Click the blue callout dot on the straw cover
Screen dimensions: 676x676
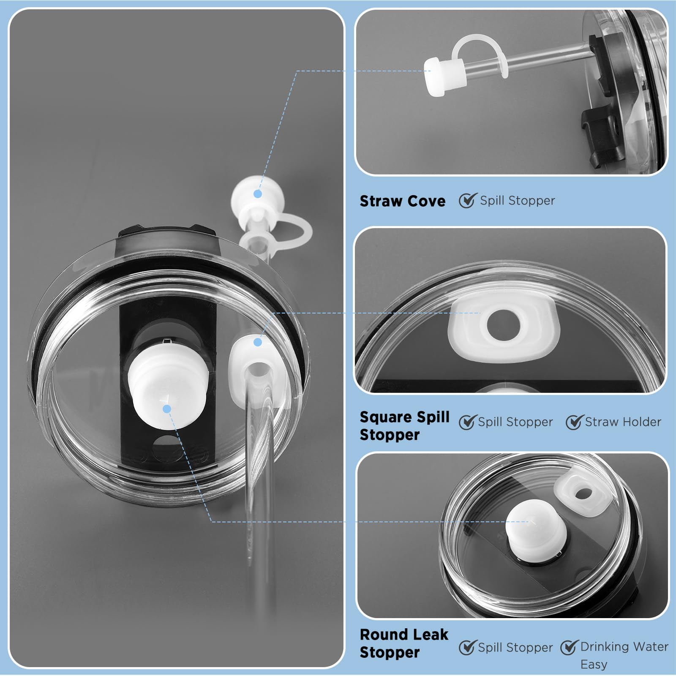click(258, 194)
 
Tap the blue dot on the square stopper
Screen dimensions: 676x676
click(258, 342)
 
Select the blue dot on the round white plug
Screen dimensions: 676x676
click(167, 409)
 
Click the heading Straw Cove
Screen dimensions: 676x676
click(402, 201)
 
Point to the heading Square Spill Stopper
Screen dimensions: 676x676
click(404, 426)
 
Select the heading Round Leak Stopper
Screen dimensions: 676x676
click(404, 643)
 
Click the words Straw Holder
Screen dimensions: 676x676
click(623, 422)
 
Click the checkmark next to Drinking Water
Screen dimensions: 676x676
click(570, 647)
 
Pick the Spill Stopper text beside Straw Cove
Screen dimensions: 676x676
click(517, 201)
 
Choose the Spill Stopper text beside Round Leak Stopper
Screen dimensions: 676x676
click(515, 648)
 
